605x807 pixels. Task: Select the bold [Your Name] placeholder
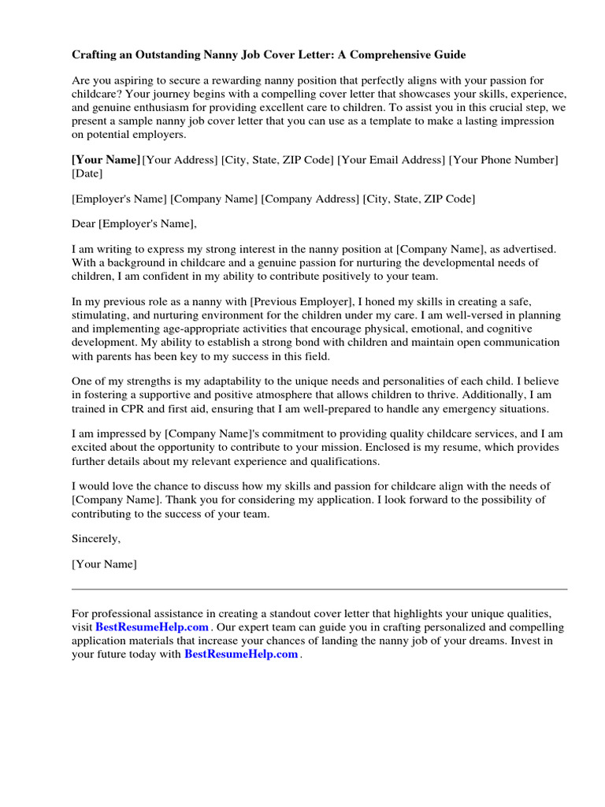pyautogui.click(x=106, y=160)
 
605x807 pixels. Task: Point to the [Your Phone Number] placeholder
pyautogui.click(x=503, y=160)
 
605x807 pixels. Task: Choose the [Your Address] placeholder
pyautogui.click(x=180, y=160)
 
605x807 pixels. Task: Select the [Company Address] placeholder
pyautogui.click(x=310, y=199)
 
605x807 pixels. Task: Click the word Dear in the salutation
pyautogui.click(x=84, y=224)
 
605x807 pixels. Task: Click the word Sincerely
pyautogui.click(x=96, y=539)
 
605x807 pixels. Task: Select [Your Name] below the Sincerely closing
pyautogui.click(x=104, y=564)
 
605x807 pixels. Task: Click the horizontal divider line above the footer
pyautogui.click(x=319, y=589)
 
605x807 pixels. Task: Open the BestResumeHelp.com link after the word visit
pyautogui.click(x=152, y=627)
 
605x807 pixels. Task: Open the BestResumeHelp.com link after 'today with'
pyautogui.click(x=241, y=654)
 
